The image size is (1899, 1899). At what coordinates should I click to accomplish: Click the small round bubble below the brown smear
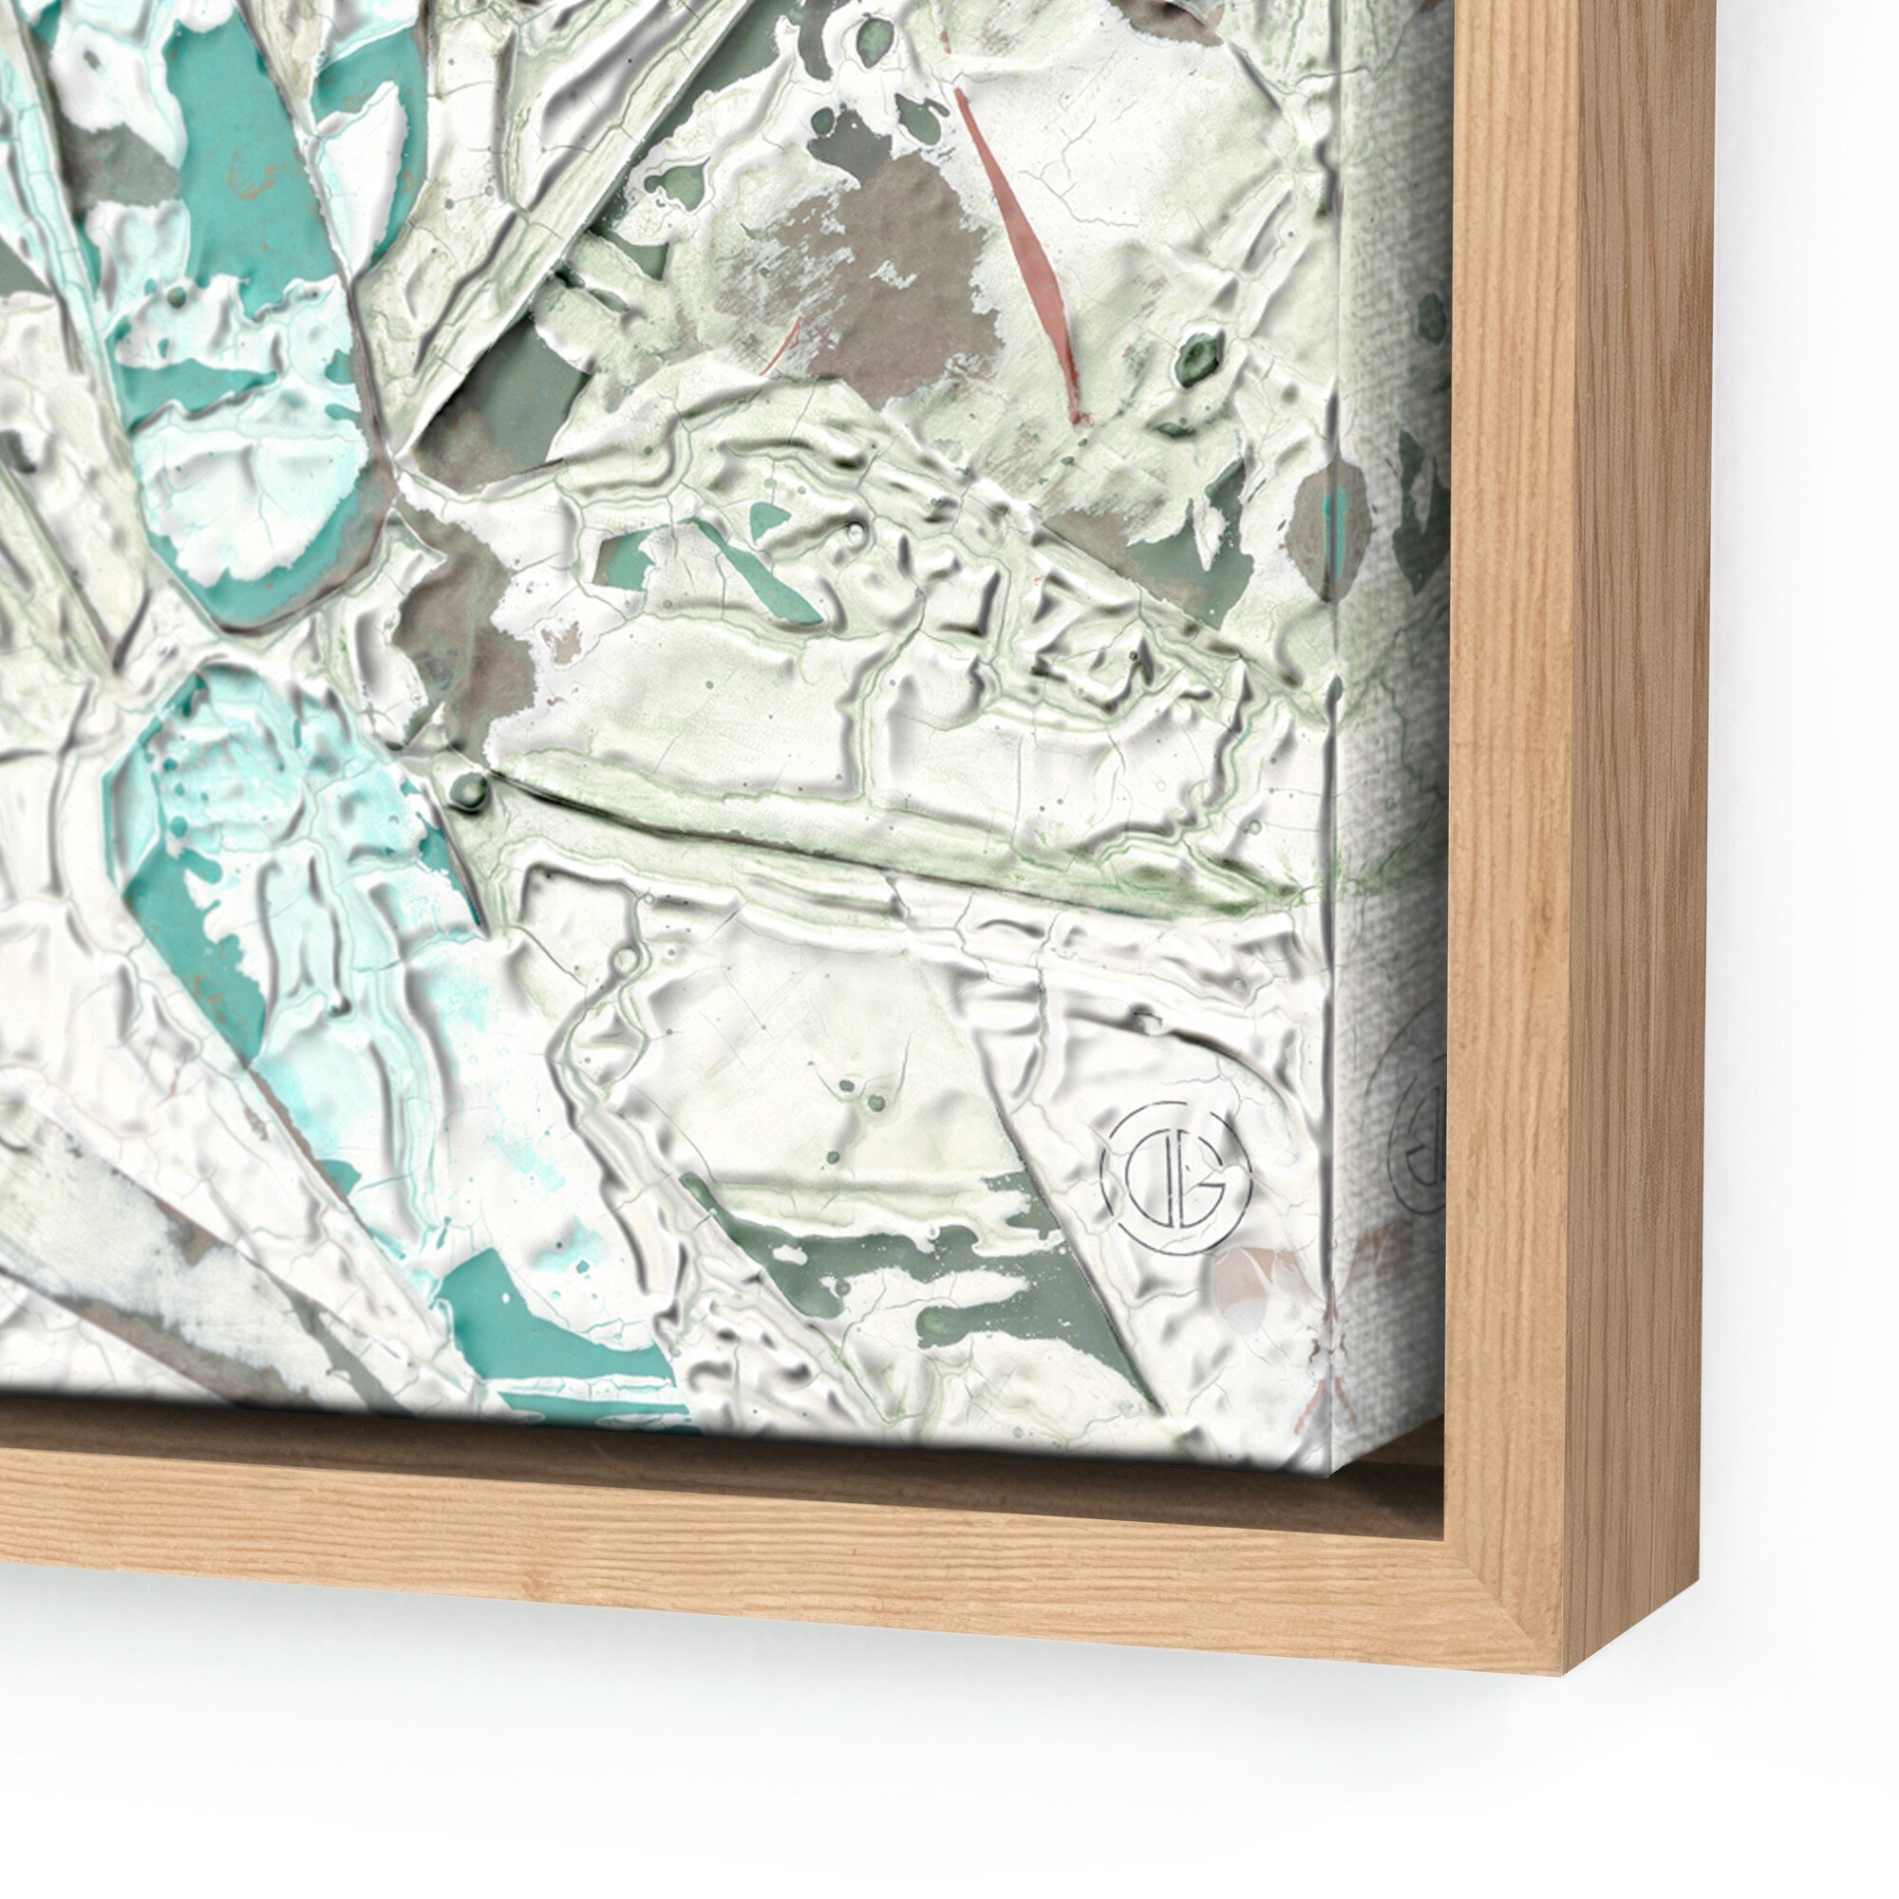click(x=470, y=786)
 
